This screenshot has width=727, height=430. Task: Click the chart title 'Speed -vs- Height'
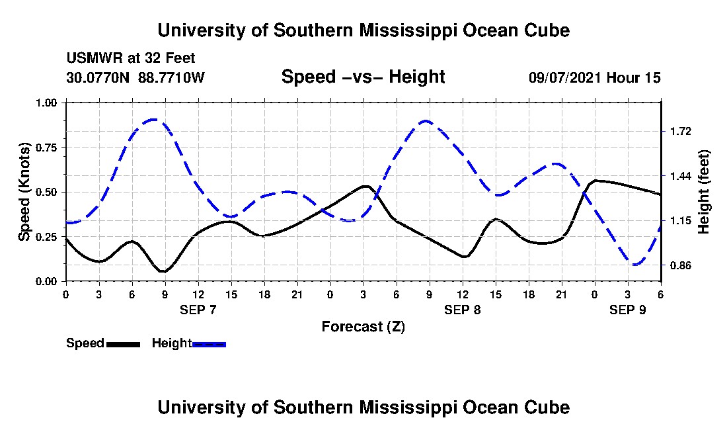pyautogui.click(x=363, y=77)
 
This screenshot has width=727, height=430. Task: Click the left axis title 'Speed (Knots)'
pyautogui.click(x=24, y=192)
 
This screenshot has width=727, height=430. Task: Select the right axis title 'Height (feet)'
pyautogui.click(x=703, y=192)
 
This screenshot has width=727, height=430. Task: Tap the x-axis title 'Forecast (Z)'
pyautogui.click(x=363, y=327)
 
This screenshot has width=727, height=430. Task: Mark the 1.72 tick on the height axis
pyautogui.click(x=679, y=131)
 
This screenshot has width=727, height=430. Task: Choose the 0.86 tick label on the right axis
pyautogui.click(x=679, y=265)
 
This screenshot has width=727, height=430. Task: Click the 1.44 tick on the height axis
pyautogui.click(x=679, y=176)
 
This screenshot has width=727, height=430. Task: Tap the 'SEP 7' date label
pyautogui.click(x=198, y=310)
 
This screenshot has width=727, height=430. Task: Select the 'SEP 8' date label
pyautogui.click(x=462, y=310)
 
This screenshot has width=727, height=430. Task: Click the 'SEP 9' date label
pyautogui.click(x=627, y=310)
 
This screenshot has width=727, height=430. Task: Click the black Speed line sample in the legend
pyautogui.click(x=123, y=344)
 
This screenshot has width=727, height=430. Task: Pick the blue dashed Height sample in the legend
pyautogui.click(x=209, y=344)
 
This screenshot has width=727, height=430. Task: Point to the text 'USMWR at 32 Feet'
pyautogui.click(x=131, y=58)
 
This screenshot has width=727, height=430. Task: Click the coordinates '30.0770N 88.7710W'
pyautogui.click(x=135, y=77)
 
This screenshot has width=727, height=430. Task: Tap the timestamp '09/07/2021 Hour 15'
pyautogui.click(x=595, y=77)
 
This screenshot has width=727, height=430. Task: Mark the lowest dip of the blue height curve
pyautogui.click(x=636, y=265)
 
